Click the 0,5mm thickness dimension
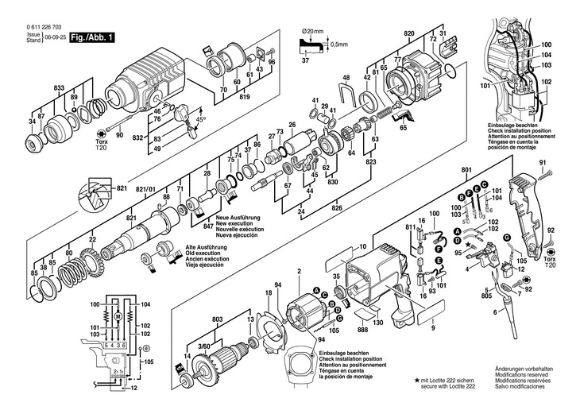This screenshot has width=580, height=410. coord(340,44)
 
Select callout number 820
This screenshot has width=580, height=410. coord(408,33)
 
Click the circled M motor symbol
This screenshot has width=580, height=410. coord(118,315)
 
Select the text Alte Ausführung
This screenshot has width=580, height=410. coord(206,248)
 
